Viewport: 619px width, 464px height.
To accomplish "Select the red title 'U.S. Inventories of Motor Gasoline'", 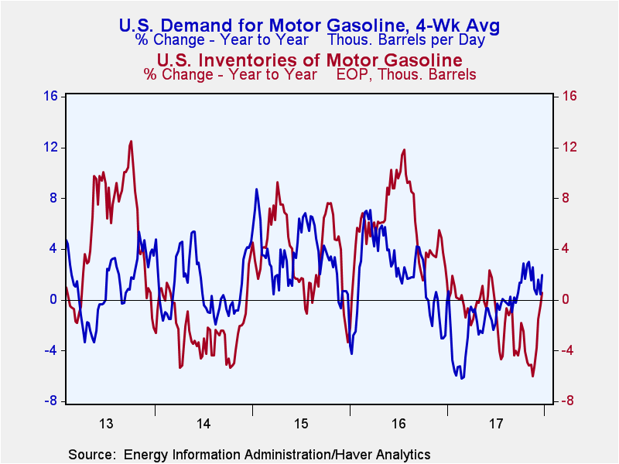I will [309, 60].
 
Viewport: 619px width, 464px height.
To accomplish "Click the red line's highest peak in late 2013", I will [131, 141].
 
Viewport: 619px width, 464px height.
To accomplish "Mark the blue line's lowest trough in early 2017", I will [462, 378].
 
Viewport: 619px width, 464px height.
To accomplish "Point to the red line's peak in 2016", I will [404, 150].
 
